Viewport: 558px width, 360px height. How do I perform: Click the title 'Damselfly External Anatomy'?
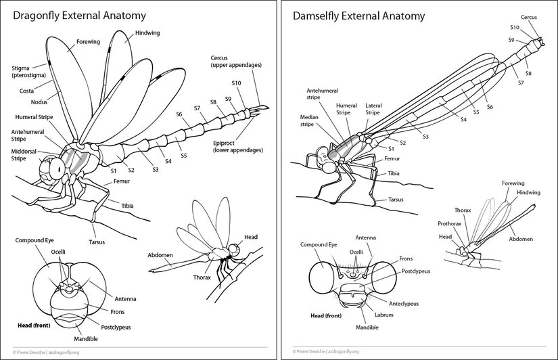point(358,16)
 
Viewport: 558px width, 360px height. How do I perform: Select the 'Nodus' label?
point(39,100)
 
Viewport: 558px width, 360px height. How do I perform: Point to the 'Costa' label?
point(26,90)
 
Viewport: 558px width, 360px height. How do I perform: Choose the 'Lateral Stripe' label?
point(374,109)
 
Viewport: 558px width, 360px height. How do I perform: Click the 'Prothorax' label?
point(448,223)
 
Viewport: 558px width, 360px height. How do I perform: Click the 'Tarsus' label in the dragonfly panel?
point(97,242)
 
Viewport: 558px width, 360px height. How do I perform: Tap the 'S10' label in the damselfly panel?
point(514,28)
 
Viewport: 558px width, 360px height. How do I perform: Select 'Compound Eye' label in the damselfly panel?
point(318,244)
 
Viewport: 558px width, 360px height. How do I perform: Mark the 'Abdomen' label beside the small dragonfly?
point(160,255)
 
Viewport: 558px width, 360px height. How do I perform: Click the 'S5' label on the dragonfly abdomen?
point(183,156)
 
